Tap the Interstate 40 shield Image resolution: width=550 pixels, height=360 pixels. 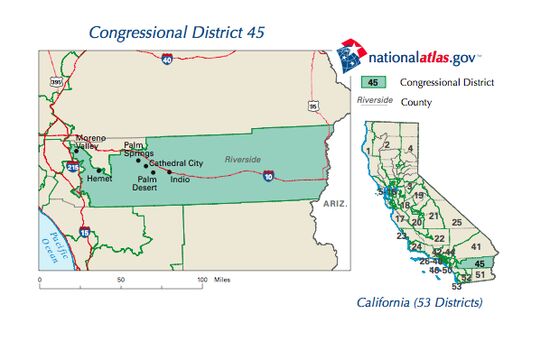[x=165, y=60]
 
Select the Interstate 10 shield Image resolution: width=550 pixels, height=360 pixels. [x=269, y=176]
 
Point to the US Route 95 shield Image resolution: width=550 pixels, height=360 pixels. [x=314, y=105]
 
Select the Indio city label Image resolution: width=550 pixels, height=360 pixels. [x=180, y=179]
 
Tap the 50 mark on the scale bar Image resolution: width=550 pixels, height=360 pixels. [x=121, y=279]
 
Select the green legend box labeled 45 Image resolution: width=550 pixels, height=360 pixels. [x=372, y=82]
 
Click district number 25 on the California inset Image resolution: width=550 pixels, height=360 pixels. [x=456, y=222]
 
